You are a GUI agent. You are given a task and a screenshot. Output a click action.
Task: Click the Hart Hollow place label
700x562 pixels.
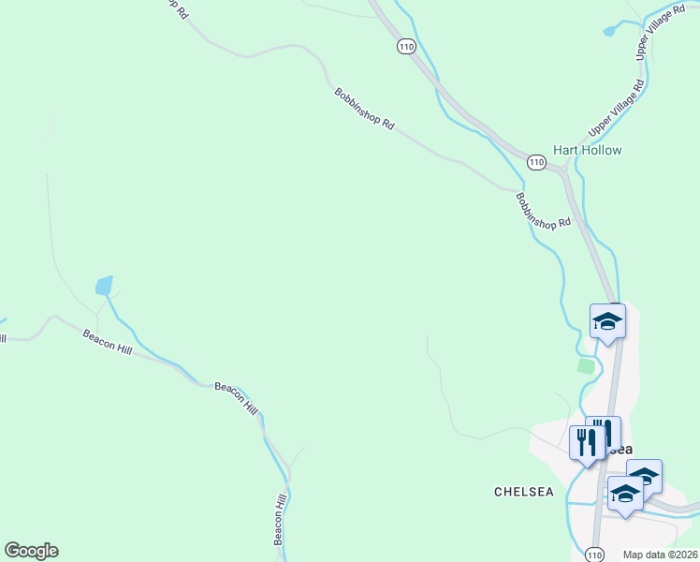click(587, 150)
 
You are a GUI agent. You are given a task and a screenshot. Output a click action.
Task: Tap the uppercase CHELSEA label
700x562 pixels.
click(524, 491)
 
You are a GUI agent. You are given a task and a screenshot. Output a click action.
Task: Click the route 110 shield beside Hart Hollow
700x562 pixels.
click(535, 162)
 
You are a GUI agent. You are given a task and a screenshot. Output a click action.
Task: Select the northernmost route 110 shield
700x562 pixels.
click(405, 46)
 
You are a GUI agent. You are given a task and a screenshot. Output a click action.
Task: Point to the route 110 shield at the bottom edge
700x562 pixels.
click(595, 555)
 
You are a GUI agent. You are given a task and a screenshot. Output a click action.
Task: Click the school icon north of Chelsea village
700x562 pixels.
click(607, 322)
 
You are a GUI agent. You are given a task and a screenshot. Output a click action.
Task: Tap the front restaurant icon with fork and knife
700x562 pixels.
click(587, 442)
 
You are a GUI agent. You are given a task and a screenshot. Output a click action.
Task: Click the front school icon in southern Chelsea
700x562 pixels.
click(625, 494)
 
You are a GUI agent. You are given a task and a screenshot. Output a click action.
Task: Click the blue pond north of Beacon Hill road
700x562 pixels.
click(104, 285)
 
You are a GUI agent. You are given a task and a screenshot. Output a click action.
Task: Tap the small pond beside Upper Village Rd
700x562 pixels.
click(610, 31)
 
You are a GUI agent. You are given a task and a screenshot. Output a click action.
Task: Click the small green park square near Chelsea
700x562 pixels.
click(586, 365)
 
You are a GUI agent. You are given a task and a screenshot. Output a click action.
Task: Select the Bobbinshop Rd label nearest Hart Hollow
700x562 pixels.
click(542, 211)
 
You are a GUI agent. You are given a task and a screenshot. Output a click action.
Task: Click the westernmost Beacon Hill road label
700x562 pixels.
click(107, 341)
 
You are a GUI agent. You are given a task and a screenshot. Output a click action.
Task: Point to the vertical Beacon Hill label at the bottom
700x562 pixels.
click(279, 519)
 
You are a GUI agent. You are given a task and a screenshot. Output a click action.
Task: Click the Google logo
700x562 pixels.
click(31, 551)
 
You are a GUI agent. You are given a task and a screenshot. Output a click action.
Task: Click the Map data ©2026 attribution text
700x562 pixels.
click(660, 555)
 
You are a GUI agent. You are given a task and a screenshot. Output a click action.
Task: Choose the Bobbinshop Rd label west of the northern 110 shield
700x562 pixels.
click(364, 108)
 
